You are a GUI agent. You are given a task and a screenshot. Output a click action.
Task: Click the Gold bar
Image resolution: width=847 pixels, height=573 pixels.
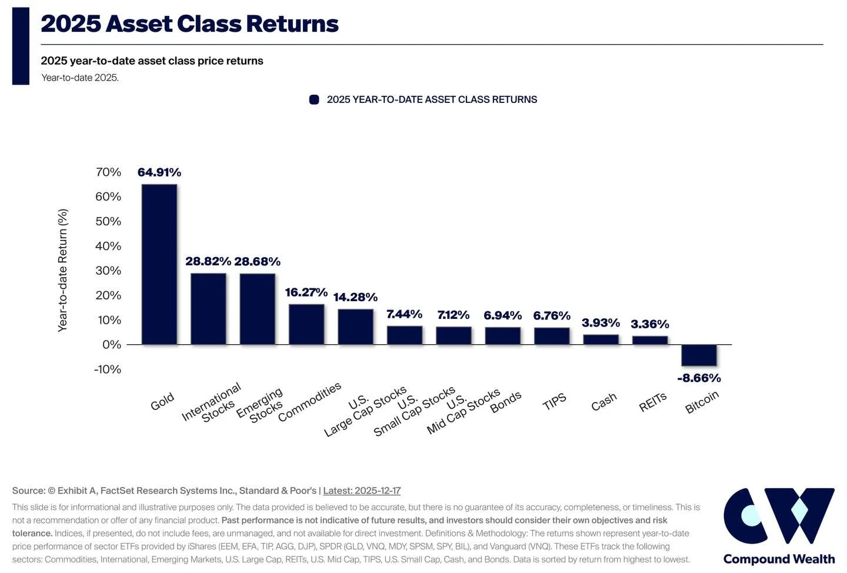click(x=159, y=264)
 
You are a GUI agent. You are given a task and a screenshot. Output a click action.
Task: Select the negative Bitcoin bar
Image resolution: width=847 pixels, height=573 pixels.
click(x=699, y=355)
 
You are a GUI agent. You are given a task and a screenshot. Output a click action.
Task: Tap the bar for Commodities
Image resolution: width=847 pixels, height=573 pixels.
click(x=306, y=324)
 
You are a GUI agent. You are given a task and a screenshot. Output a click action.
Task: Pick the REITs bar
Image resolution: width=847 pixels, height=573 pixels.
click(x=650, y=340)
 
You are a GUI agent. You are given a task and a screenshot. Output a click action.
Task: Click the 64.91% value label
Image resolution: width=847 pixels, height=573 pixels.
click(x=159, y=172)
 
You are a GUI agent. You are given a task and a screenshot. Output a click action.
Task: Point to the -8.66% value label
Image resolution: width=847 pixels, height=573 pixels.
click(x=699, y=378)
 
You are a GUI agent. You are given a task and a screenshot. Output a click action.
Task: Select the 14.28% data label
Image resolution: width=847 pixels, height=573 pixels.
click(x=355, y=297)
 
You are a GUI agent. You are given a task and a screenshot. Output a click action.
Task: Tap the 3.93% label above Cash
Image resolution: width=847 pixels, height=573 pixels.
click(x=601, y=322)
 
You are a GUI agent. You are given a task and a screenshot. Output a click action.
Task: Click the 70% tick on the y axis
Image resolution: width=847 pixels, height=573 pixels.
click(x=108, y=172)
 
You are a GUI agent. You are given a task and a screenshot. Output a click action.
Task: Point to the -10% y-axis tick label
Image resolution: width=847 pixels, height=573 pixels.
click(x=107, y=369)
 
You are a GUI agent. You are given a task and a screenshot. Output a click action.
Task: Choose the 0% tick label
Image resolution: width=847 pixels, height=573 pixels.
click(x=112, y=345)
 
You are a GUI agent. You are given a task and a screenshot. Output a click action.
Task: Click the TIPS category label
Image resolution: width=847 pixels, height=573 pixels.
click(x=554, y=402)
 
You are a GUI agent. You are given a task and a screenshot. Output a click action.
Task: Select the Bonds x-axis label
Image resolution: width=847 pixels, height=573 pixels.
click(x=505, y=402)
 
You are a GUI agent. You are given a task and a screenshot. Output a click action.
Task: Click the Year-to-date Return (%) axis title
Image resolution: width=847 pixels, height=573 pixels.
click(x=62, y=271)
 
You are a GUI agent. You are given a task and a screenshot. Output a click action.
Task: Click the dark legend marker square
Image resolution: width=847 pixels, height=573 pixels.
click(x=314, y=99)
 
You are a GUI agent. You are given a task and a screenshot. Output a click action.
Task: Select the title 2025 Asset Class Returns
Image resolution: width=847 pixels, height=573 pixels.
click(x=189, y=24)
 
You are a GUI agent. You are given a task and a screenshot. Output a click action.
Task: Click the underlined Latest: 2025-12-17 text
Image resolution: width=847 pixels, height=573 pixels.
click(x=362, y=491)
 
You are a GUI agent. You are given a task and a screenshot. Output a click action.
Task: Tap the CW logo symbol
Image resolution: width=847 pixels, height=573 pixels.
click(x=778, y=516)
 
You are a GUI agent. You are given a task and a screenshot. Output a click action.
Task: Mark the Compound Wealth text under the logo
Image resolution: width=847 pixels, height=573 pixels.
click(x=779, y=559)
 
